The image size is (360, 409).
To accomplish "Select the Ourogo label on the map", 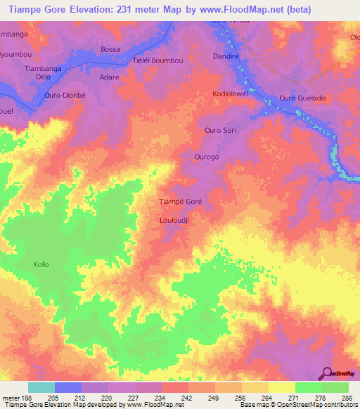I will click(207, 157).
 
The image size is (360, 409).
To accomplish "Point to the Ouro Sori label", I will click(219, 131).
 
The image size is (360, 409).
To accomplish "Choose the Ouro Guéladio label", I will click(303, 98).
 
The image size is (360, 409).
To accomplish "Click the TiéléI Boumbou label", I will click(158, 60).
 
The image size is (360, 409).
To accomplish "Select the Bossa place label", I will click(110, 49).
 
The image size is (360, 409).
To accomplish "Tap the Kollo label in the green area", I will click(41, 264).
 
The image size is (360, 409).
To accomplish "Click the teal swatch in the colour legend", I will click(41, 388).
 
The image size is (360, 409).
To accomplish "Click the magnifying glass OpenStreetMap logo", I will click(328, 373).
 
